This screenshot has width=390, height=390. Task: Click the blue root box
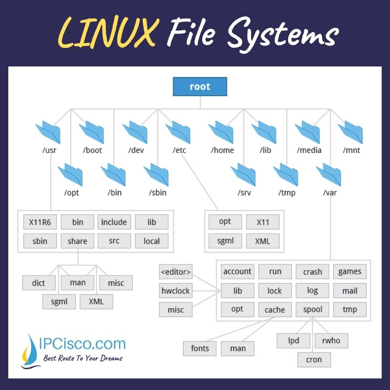pyautogui.click(x=200, y=87)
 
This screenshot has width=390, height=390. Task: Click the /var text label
pyautogui.click(x=330, y=192)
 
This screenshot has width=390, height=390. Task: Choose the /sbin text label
pyautogui.click(x=157, y=192)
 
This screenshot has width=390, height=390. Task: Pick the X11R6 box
pyautogui.click(x=40, y=222)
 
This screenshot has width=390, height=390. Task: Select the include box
pyautogui.click(x=114, y=222)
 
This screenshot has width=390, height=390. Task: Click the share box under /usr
pyautogui.click(x=77, y=241)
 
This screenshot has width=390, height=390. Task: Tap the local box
pyautogui.click(x=152, y=241)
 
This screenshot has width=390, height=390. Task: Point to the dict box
pyautogui.click(x=39, y=283)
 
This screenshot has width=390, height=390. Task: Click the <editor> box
pyautogui.click(x=176, y=272)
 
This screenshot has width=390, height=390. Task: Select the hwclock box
pyautogui.click(x=176, y=291)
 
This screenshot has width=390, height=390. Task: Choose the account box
pyautogui.click(x=237, y=272)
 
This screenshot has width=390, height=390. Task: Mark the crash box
pyautogui.click(x=312, y=272)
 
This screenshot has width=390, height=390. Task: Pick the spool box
pyautogui.click(x=312, y=309)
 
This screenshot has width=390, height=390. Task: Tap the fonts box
pyautogui.click(x=200, y=348)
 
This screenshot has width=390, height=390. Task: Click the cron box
pyautogui.click(x=314, y=360)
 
